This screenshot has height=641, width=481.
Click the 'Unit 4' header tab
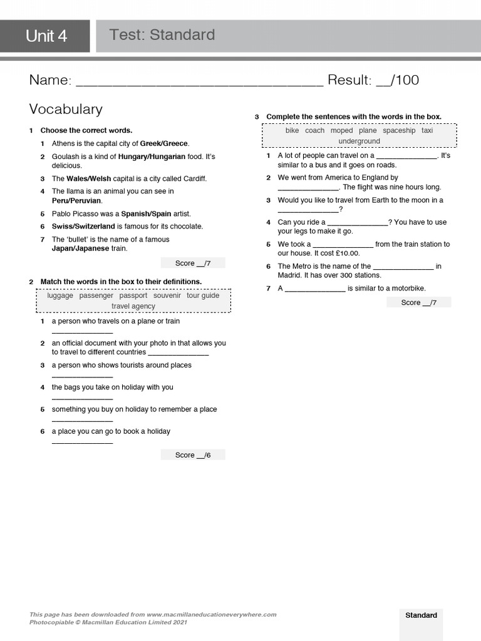pyautogui.click(x=46, y=36)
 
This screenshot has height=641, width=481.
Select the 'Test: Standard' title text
pyautogui.click(x=162, y=35)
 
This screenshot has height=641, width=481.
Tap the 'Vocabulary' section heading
pyautogui.click(x=66, y=109)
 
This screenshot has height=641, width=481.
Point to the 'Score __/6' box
pyautogui.click(x=193, y=455)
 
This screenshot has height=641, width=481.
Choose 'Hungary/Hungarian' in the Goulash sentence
pyautogui.click(x=152, y=156)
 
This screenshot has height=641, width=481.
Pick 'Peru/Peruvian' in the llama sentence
pyautogui.click(x=76, y=201)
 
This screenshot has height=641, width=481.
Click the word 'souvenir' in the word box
pyautogui.click(x=167, y=295)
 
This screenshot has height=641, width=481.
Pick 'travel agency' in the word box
pyautogui.click(x=133, y=306)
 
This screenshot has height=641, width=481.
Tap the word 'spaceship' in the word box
pyautogui.click(x=399, y=131)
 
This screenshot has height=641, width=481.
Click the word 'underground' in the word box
pyautogui.click(x=359, y=141)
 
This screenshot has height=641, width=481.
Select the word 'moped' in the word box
pyautogui.click(x=342, y=131)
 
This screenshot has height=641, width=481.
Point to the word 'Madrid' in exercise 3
pyautogui.click(x=291, y=275)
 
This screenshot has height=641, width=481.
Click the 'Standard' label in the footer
pyautogui.click(x=421, y=615)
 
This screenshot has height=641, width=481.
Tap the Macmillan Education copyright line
pyautogui.click(x=108, y=622)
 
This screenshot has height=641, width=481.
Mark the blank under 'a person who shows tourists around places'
pyautogui.click(x=82, y=376)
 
